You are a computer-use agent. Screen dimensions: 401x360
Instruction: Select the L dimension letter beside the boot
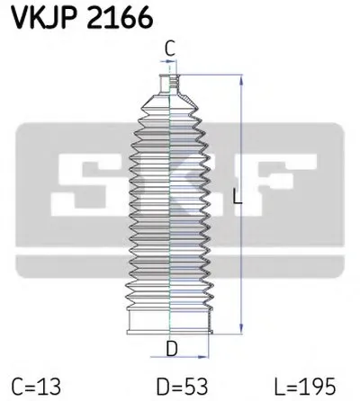click(x=237, y=202)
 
